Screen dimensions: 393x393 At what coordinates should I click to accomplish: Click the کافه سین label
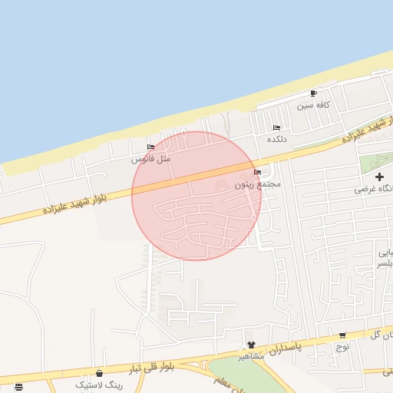pyautogui.click(x=313, y=104)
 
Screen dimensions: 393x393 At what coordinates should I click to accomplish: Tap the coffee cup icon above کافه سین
pyautogui.click(x=313, y=94)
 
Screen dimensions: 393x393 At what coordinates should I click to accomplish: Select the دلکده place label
pyautogui.click(x=276, y=139)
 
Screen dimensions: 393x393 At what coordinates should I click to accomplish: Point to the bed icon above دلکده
pyautogui.click(x=276, y=127)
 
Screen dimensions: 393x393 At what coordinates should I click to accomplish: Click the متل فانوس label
pyautogui.click(x=150, y=158)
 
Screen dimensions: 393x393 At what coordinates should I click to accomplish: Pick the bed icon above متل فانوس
pyautogui.click(x=150, y=147)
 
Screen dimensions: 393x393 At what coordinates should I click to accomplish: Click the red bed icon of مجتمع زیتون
pyautogui.click(x=256, y=173)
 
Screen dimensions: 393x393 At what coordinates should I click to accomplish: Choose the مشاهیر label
pyautogui.click(x=250, y=356)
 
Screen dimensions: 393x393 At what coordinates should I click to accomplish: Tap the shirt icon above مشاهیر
pyautogui.click(x=250, y=345)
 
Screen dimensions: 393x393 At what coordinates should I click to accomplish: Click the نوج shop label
pyautogui.click(x=342, y=346)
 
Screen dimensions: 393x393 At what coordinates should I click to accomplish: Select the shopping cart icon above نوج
pyautogui.click(x=342, y=335)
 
